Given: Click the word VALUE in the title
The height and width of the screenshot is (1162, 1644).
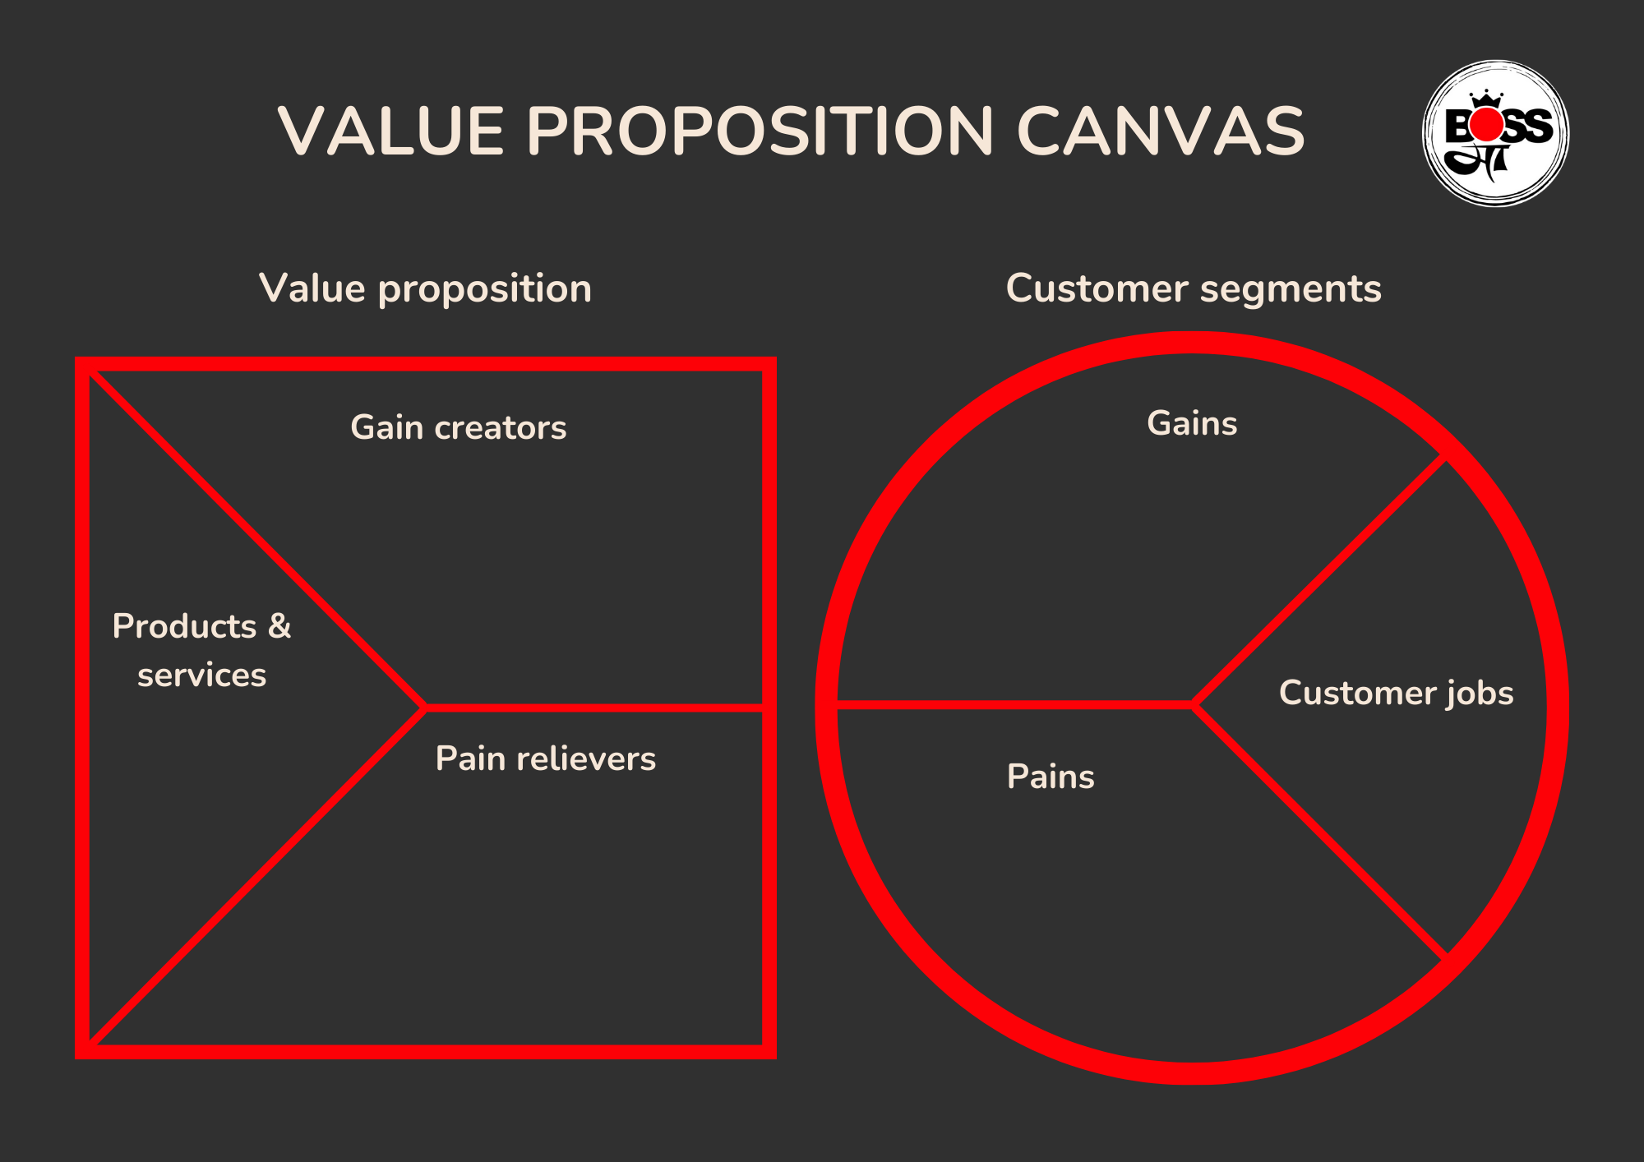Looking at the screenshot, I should coord(390,131).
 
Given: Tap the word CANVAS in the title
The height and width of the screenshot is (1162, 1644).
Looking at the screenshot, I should coord(1161,131).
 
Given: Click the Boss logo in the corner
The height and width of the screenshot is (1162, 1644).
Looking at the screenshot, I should coord(1496,133).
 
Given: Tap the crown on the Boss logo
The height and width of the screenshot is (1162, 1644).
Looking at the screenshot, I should coord(1486,99).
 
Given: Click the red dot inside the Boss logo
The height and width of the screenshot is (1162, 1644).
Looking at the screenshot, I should coord(1486,126).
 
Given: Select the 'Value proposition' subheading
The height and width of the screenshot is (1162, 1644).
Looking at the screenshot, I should coord(425,289).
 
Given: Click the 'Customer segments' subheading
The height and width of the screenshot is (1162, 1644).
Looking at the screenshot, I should coord(1194,289).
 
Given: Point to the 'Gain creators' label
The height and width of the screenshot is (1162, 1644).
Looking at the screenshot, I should coord(459,428).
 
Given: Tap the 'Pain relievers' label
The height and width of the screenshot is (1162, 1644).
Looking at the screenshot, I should coord(546,759).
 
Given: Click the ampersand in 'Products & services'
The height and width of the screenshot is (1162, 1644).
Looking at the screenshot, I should coord(279,626).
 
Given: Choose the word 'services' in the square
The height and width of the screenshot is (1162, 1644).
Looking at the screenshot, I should coord(201,676).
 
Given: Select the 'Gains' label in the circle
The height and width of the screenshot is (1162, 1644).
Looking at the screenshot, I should coord(1192,424).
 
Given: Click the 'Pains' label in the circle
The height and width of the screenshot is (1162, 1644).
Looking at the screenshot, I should coord(1051,777).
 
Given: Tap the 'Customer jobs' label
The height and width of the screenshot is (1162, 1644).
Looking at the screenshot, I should coord(1396,694).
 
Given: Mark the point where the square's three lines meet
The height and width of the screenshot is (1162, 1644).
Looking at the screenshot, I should coord(424,707).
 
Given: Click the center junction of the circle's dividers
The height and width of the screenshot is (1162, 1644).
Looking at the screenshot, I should coord(1194,704).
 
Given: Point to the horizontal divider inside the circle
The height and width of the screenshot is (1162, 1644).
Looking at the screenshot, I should coord(1011,704).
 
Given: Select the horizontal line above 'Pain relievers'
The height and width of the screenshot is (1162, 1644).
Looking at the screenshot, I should coord(592,707).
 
